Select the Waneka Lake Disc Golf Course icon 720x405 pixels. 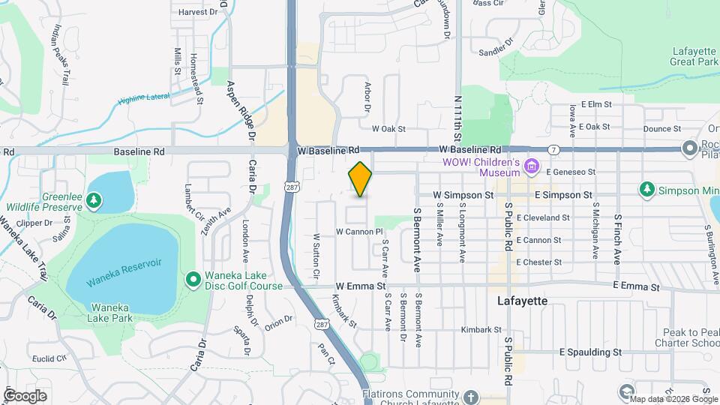point(193,280)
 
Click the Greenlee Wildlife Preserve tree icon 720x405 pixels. point(93,200)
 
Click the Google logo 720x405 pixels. point(25,395)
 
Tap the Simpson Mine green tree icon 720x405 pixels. point(646,187)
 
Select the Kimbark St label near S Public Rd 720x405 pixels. point(481,329)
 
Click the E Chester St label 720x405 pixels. point(538,262)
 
